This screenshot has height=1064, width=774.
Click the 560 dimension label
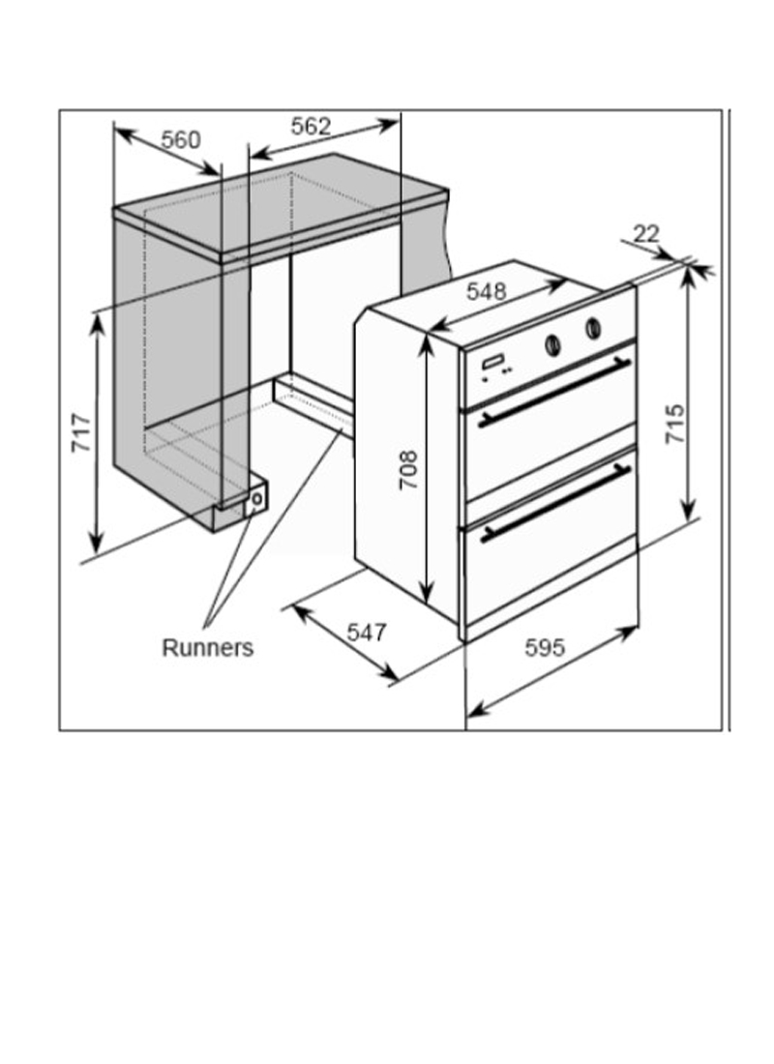click(181, 140)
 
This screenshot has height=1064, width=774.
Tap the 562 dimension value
click(311, 126)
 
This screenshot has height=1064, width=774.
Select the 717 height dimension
click(81, 432)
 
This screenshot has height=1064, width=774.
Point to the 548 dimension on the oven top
click(486, 291)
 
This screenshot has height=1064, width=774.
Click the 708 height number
click(407, 469)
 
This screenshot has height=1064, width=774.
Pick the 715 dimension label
click(675, 424)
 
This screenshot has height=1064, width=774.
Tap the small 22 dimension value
click(645, 233)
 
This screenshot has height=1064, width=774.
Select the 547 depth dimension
click(367, 633)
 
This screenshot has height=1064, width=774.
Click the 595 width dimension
click(545, 647)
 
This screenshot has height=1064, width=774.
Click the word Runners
click(207, 647)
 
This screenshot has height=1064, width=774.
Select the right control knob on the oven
click(593, 329)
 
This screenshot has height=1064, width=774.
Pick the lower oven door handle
click(555, 503)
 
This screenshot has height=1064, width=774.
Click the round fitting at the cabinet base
click(256, 499)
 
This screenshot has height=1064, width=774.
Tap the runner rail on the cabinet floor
click(313, 405)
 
